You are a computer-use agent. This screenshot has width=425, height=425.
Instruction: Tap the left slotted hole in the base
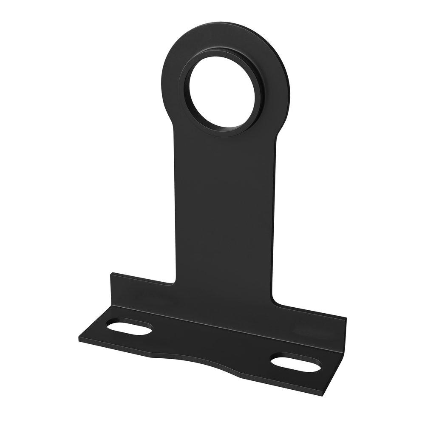tap(129, 327)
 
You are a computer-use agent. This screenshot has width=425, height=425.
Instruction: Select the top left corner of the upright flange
tap(112, 275)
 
